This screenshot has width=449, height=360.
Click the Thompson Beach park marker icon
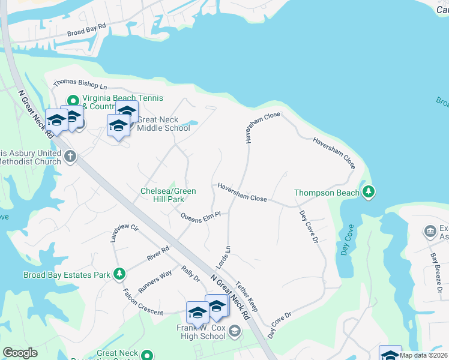pos(369,193)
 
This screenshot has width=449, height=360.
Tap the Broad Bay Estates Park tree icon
pos(119,274)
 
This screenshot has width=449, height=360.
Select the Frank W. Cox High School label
pos(201,332)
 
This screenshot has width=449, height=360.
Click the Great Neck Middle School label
pos(163,124)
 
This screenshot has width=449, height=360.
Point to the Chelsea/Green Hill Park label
pos(168,195)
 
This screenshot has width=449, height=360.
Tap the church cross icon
pos(70,157)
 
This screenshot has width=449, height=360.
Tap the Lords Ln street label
pos(223,257)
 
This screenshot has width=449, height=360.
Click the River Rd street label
pos(158,253)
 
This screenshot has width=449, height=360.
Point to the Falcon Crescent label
pos(142,302)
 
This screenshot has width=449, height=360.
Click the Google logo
pos(20,353)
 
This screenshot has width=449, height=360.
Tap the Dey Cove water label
pos(348,240)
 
